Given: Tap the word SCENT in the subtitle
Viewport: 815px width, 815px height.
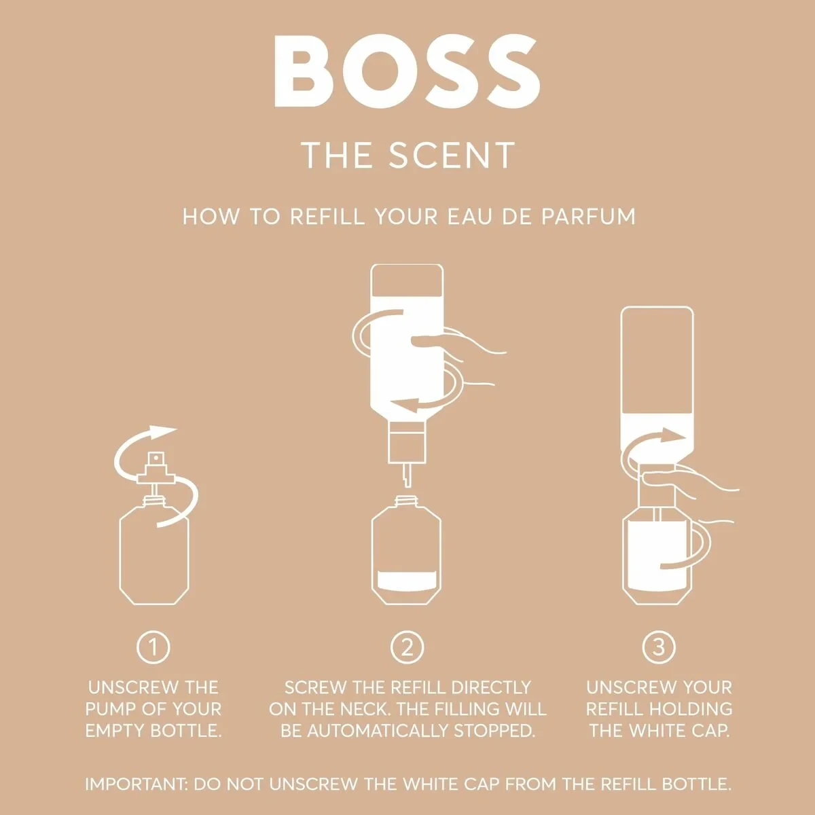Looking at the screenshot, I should (x=452, y=156).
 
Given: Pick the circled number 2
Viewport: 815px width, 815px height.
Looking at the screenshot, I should (x=407, y=647).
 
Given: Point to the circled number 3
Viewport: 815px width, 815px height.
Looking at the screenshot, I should (x=658, y=647).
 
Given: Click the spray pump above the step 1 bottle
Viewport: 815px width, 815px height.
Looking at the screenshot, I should (x=156, y=469).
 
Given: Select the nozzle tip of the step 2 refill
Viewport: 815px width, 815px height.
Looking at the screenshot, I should (x=406, y=475).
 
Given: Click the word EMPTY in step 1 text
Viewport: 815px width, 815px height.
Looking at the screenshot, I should (x=115, y=731).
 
